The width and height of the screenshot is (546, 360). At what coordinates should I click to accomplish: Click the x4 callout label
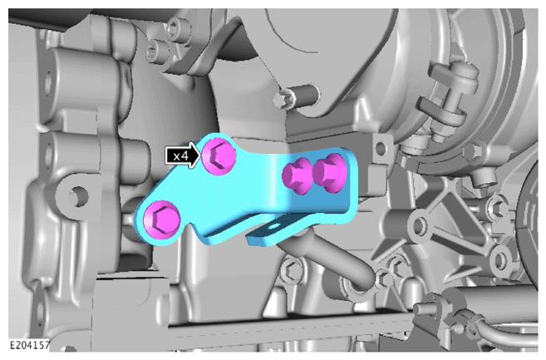(x=180, y=155)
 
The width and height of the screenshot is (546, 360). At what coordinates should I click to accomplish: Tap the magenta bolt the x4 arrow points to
(x=219, y=156)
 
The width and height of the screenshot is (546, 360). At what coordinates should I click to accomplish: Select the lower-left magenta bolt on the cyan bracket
(x=162, y=219)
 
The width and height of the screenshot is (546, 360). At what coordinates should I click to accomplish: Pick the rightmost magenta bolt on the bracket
(x=330, y=173)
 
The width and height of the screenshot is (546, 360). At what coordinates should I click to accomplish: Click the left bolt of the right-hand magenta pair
(x=297, y=175)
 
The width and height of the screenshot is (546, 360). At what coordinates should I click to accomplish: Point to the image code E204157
(x=29, y=346)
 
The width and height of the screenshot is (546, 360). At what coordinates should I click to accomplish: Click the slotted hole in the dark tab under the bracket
(x=274, y=227)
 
